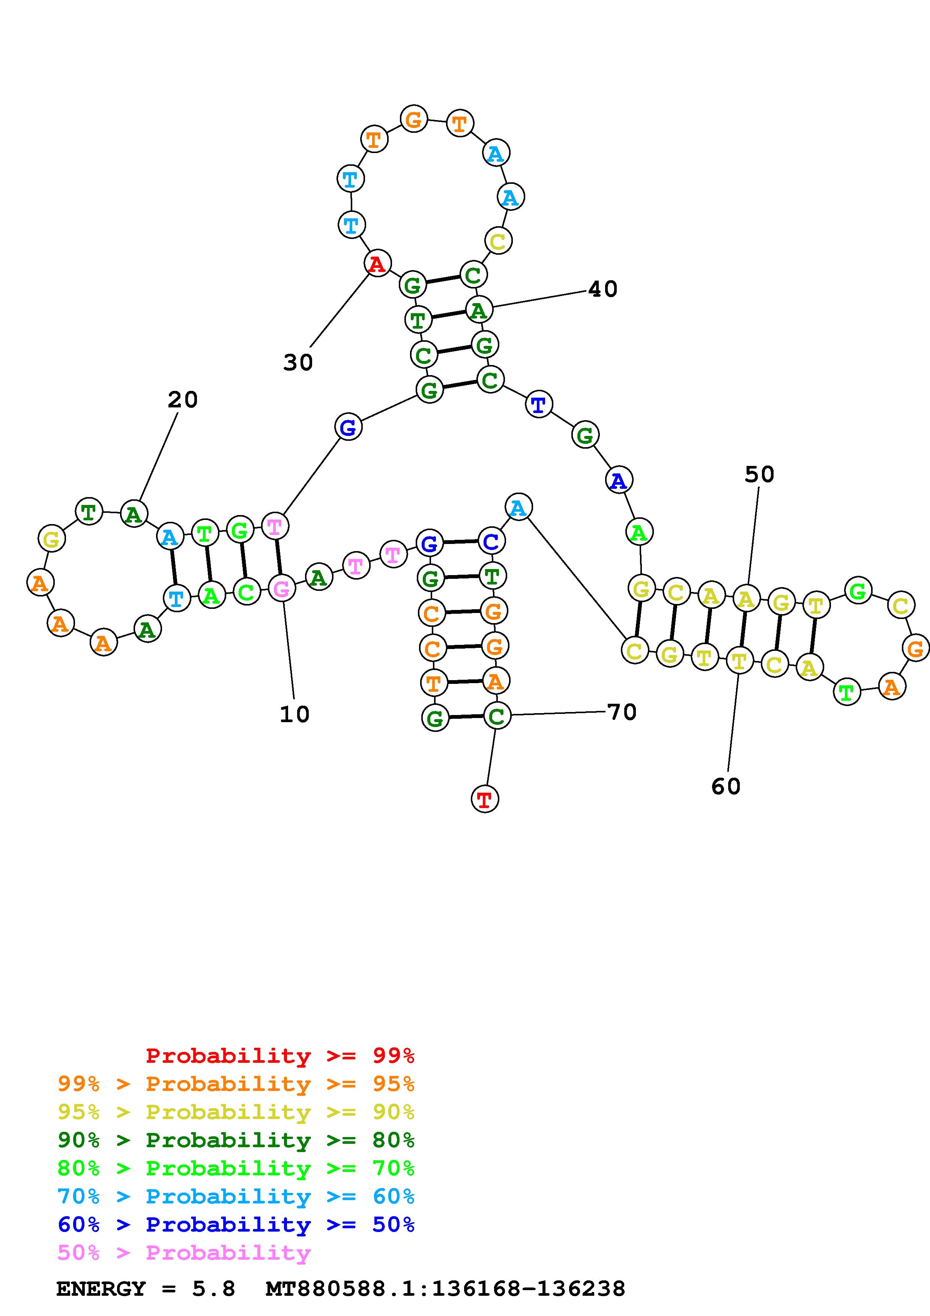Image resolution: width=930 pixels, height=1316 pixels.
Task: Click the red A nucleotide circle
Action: (x=377, y=264)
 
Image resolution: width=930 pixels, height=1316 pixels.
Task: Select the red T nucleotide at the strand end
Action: (x=485, y=798)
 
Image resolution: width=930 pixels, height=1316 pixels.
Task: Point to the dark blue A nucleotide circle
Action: (x=619, y=480)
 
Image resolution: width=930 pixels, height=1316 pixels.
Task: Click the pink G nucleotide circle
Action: (x=281, y=588)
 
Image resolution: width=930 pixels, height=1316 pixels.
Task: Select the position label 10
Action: (x=294, y=714)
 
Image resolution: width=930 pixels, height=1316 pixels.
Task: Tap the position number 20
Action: (x=183, y=400)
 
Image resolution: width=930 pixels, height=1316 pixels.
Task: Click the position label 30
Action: (x=298, y=362)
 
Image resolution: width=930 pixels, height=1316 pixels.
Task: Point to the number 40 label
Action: (x=603, y=289)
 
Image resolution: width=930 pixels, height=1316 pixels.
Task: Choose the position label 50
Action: (x=759, y=474)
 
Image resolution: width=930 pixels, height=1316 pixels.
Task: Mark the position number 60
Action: (x=726, y=786)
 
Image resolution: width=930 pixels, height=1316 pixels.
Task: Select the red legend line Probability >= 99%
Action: (x=280, y=1056)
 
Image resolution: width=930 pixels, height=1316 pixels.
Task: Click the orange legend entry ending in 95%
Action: (x=236, y=1084)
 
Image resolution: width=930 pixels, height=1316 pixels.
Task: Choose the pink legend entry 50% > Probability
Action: (x=184, y=1252)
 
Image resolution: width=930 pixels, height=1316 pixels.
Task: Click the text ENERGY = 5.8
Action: (x=146, y=1289)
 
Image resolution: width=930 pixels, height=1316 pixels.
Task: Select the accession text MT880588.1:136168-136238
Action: (x=445, y=1289)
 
